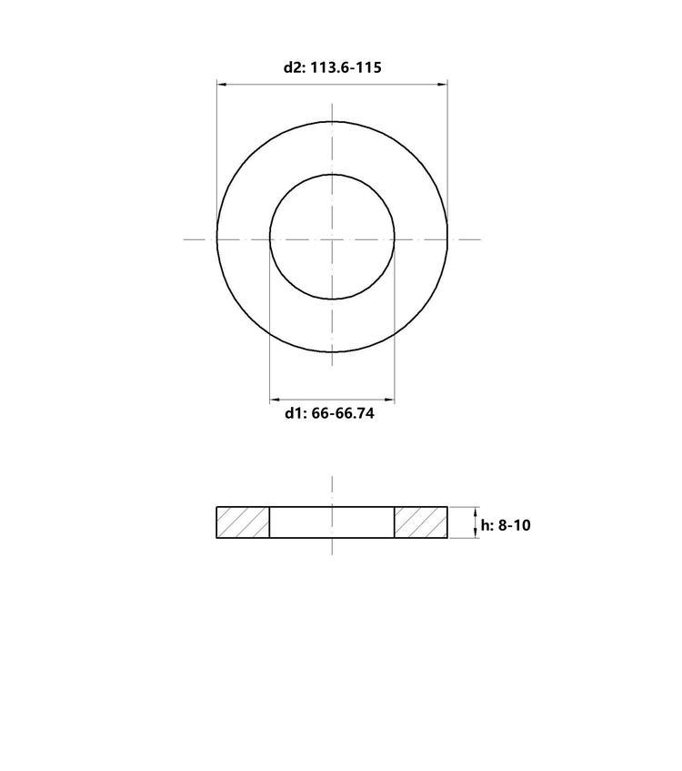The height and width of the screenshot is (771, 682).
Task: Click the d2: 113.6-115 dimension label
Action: click(x=333, y=67)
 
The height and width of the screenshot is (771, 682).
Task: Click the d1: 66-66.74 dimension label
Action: click(x=329, y=413)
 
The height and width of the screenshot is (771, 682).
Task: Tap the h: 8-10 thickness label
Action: click(x=506, y=525)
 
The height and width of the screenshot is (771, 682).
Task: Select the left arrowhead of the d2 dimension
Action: click(x=222, y=85)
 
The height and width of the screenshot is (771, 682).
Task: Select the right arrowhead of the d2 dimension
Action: click(x=443, y=85)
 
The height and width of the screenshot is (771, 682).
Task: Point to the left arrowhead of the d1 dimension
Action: click(x=275, y=401)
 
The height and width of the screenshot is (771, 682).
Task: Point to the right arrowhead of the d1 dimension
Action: click(x=389, y=401)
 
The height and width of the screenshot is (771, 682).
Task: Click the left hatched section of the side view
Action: click(x=243, y=522)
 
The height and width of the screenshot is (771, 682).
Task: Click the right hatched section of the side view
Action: click(x=421, y=522)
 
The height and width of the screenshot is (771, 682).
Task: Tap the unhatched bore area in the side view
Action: click(x=332, y=522)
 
